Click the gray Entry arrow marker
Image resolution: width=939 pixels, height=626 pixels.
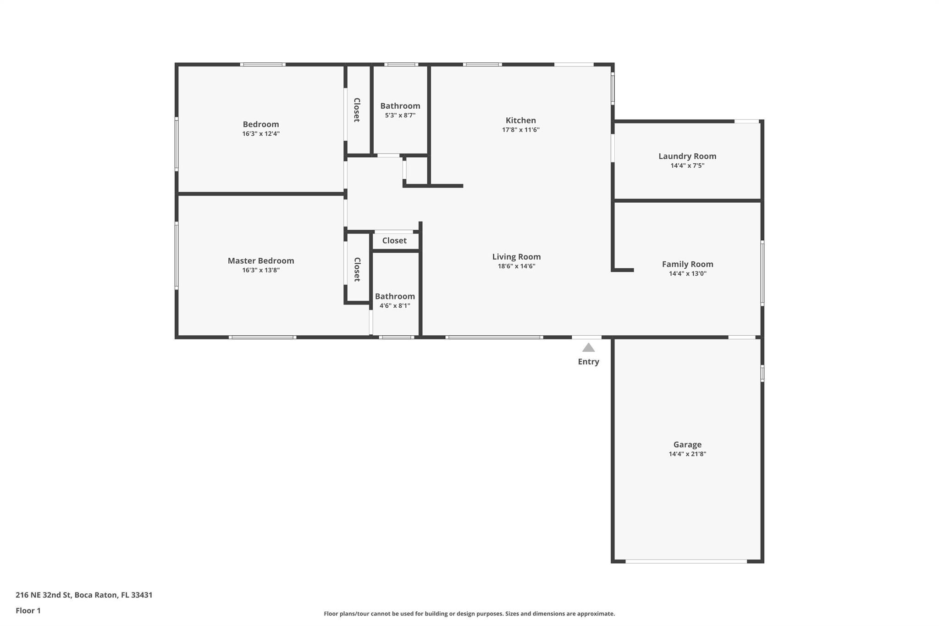pyautogui.click(x=588, y=348)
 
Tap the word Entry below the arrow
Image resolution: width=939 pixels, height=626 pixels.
pyautogui.click(x=588, y=362)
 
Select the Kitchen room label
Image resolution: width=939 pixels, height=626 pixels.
pyautogui.click(x=520, y=121)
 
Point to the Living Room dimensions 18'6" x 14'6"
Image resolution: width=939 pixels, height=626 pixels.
pyautogui.click(x=516, y=266)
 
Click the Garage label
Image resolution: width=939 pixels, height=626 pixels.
pyautogui.click(x=687, y=445)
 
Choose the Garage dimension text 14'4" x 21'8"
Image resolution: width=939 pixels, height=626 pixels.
pyautogui.click(x=687, y=454)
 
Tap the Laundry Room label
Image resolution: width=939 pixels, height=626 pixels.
pyautogui.click(x=687, y=156)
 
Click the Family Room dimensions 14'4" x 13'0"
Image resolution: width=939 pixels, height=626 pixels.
pyautogui.click(x=687, y=274)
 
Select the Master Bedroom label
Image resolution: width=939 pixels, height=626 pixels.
pyautogui.click(x=261, y=261)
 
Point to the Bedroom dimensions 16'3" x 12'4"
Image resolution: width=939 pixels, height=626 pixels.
pyautogui.click(x=261, y=134)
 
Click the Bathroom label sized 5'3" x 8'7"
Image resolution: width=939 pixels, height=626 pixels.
pyautogui.click(x=400, y=106)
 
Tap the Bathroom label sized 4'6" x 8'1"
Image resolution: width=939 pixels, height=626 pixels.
pyautogui.click(x=395, y=297)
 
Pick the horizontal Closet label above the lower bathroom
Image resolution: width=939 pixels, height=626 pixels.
pyautogui.click(x=394, y=241)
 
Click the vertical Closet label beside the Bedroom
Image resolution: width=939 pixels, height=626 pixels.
pyautogui.click(x=357, y=110)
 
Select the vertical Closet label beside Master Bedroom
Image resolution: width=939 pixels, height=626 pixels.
pyautogui.click(x=357, y=269)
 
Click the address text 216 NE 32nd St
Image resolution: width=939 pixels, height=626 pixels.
pyautogui.click(x=43, y=595)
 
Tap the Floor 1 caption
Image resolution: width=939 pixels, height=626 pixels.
pyautogui.click(x=28, y=611)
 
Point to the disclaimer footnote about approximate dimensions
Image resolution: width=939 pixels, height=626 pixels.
pyautogui.click(x=469, y=614)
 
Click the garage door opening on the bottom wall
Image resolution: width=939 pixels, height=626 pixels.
pyautogui.click(x=686, y=561)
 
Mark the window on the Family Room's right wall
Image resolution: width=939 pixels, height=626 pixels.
pyautogui.click(x=762, y=273)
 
